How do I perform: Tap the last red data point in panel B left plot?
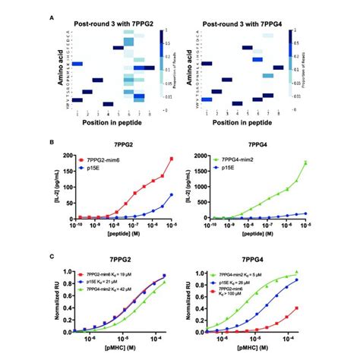172,159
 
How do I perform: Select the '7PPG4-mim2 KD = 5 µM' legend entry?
244,272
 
